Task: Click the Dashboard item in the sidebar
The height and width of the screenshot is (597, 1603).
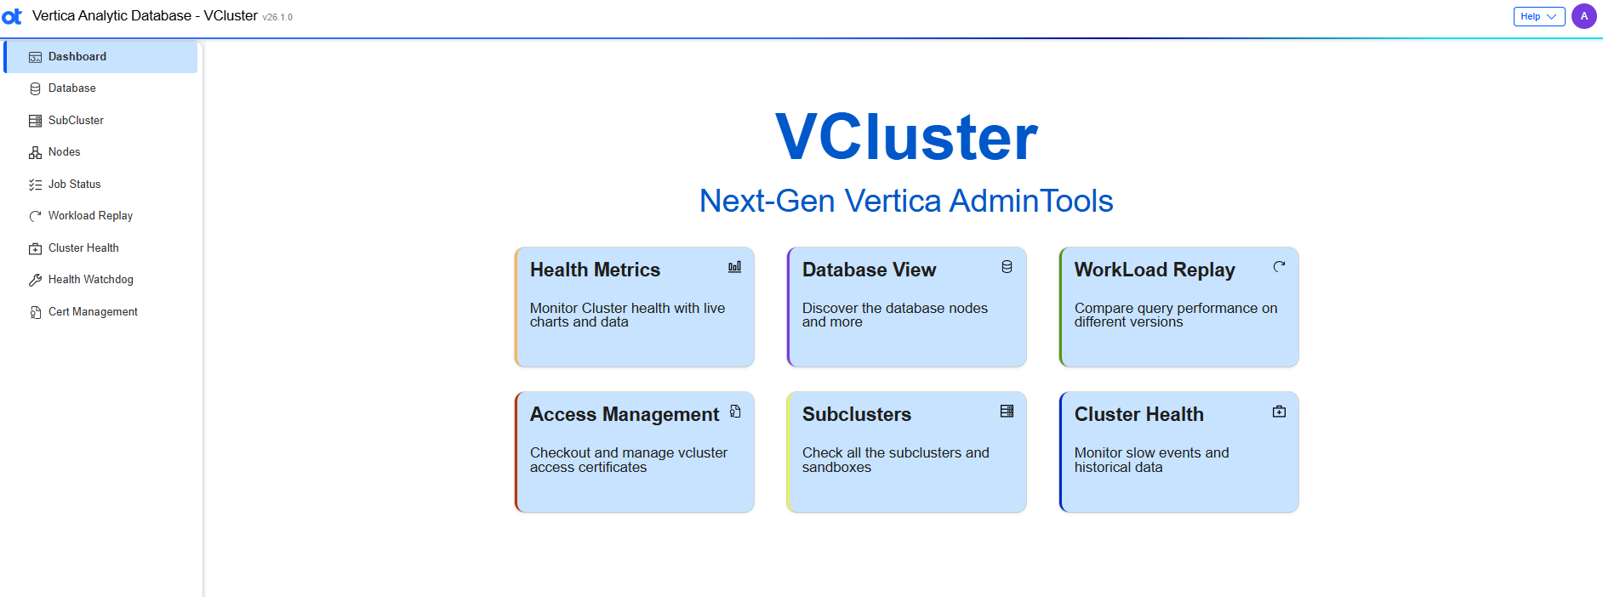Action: [77, 57]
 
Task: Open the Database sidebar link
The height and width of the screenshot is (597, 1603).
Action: [71, 88]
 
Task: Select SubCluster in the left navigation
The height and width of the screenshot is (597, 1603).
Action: [76, 121]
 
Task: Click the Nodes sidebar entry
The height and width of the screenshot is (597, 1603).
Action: [64, 152]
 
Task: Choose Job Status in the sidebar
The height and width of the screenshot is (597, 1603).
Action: [74, 185]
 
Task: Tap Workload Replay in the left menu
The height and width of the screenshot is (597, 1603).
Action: [90, 216]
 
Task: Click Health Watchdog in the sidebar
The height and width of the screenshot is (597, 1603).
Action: [90, 280]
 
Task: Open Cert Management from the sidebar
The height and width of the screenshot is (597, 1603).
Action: [93, 312]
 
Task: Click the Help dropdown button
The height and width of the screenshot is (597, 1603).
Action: [1538, 16]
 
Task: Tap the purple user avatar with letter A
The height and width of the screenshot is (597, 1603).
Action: [1583, 16]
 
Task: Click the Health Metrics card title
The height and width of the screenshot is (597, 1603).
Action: [595, 270]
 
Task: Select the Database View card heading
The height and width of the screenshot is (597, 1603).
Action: [869, 270]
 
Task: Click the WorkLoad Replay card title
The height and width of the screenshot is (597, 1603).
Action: [1154, 270]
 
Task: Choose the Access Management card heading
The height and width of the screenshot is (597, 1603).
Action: [625, 414]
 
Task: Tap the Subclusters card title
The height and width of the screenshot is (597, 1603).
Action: [856, 414]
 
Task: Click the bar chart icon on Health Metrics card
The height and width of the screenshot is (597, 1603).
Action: [734, 267]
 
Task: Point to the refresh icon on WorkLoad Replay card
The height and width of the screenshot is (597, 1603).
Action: [1279, 267]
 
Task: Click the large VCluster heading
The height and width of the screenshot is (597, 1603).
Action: [906, 137]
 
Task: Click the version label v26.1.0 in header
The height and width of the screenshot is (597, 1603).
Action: [277, 17]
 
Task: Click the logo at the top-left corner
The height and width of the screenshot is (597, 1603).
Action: [12, 16]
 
